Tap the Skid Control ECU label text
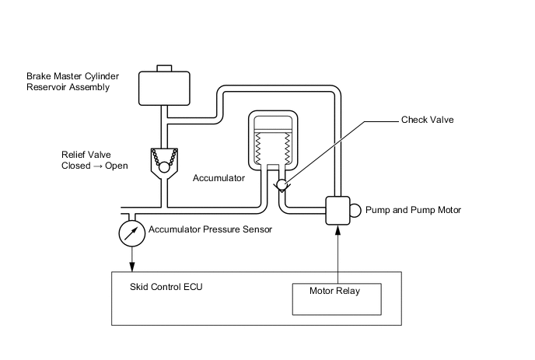[x=166, y=286]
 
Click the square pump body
[x=337, y=210]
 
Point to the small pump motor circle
[x=355, y=210]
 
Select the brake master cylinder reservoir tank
[x=163, y=88]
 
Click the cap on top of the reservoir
[x=163, y=68]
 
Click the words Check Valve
[x=427, y=121]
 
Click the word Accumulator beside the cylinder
[x=219, y=178]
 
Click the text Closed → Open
[x=94, y=166]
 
